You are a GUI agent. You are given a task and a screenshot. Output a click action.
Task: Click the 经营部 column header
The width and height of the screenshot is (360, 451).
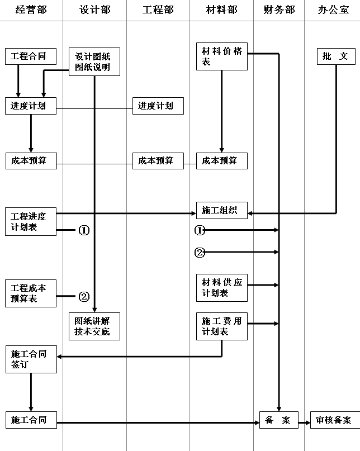(31, 10)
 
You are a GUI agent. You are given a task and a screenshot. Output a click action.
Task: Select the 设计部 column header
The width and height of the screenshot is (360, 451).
(94, 10)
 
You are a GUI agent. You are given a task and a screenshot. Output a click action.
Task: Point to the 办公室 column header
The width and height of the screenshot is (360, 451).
(333, 10)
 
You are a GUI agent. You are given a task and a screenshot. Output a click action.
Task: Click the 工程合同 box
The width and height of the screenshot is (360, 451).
(31, 56)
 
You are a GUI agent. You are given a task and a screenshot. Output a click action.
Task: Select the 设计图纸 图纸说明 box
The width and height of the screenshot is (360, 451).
(93, 62)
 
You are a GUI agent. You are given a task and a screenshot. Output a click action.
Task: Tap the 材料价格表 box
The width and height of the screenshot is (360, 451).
(221, 56)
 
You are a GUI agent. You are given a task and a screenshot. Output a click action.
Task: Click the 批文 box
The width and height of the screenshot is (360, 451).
(335, 56)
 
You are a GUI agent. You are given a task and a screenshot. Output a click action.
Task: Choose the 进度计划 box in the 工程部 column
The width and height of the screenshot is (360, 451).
(158, 106)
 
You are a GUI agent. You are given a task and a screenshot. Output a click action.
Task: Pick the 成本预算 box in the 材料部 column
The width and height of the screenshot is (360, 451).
(221, 160)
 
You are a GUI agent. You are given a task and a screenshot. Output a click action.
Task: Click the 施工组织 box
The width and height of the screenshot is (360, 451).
(221, 210)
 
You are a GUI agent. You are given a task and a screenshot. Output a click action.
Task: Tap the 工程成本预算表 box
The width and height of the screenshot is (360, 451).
(31, 293)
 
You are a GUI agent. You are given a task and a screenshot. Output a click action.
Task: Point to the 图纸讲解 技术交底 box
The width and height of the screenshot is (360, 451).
(93, 326)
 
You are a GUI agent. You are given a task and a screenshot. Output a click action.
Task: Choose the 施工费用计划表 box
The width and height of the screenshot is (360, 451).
(221, 326)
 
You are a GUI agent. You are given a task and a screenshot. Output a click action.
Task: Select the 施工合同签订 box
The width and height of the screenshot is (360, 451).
(31, 359)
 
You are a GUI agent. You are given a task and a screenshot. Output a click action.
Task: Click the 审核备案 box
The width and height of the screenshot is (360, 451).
(333, 420)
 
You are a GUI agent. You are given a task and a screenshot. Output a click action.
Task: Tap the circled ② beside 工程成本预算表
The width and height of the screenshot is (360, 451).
(84, 297)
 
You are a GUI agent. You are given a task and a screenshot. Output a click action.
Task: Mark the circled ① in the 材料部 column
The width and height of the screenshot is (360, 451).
(200, 230)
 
